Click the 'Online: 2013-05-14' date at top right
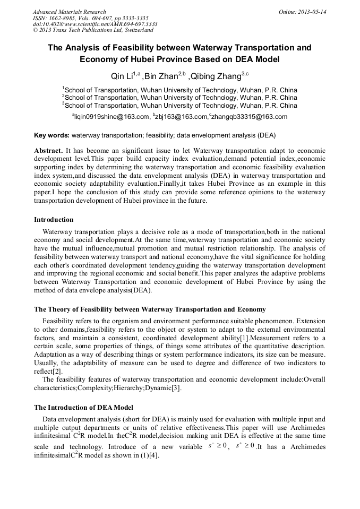[x=303, y=12]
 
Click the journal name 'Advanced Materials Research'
[x=70, y=12]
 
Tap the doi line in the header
[x=95, y=24]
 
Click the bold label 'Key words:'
[x=52, y=136]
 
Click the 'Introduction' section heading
[x=54, y=219]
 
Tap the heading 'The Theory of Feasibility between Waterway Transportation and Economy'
[x=150, y=309]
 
